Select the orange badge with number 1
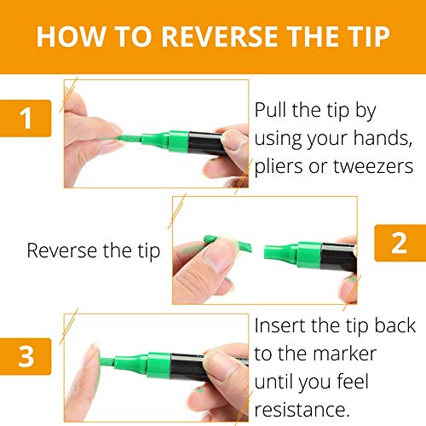point(26,118)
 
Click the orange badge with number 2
point(400,243)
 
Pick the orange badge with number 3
point(26,356)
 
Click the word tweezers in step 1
point(373,166)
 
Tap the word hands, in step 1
point(383,138)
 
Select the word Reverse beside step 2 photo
point(62,250)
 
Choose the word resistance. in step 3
point(302,410)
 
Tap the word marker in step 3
point(345,354)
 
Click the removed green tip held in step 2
point(227,244)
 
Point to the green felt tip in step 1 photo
point(130,138)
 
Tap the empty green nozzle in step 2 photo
point(280,252)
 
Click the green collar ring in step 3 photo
point(159,366)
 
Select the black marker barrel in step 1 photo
point(205,143)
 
